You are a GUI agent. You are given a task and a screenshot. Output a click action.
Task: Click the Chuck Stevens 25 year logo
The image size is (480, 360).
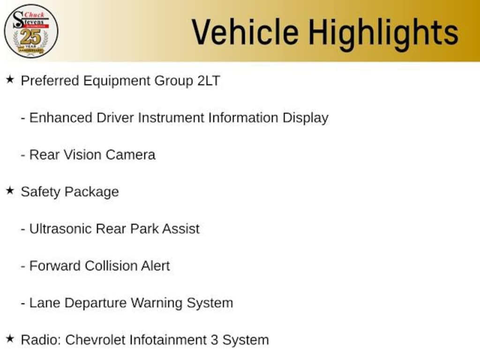click(x=31, y=31)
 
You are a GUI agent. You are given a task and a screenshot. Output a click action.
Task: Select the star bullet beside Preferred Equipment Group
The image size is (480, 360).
click(x=10, y=80)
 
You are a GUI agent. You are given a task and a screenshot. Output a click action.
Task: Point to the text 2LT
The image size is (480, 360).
click(x=209, y=81)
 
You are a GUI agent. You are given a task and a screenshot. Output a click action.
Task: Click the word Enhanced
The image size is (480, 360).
click(x=60, y=118)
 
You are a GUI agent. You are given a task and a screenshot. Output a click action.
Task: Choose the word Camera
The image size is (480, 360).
click(x=130, y=155)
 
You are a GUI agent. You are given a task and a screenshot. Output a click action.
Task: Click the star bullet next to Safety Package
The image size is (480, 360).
click(x=10, y=191)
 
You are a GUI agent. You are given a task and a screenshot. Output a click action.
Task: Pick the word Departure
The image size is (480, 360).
click(x=96, y=304)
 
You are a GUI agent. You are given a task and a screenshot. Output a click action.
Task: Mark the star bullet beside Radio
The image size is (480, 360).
click(x=10, y=339)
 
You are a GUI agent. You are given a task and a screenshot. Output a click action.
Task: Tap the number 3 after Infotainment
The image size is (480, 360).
click(x=214, y=340)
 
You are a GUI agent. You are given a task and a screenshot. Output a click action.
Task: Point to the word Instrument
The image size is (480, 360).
click(x=171, y=118)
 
